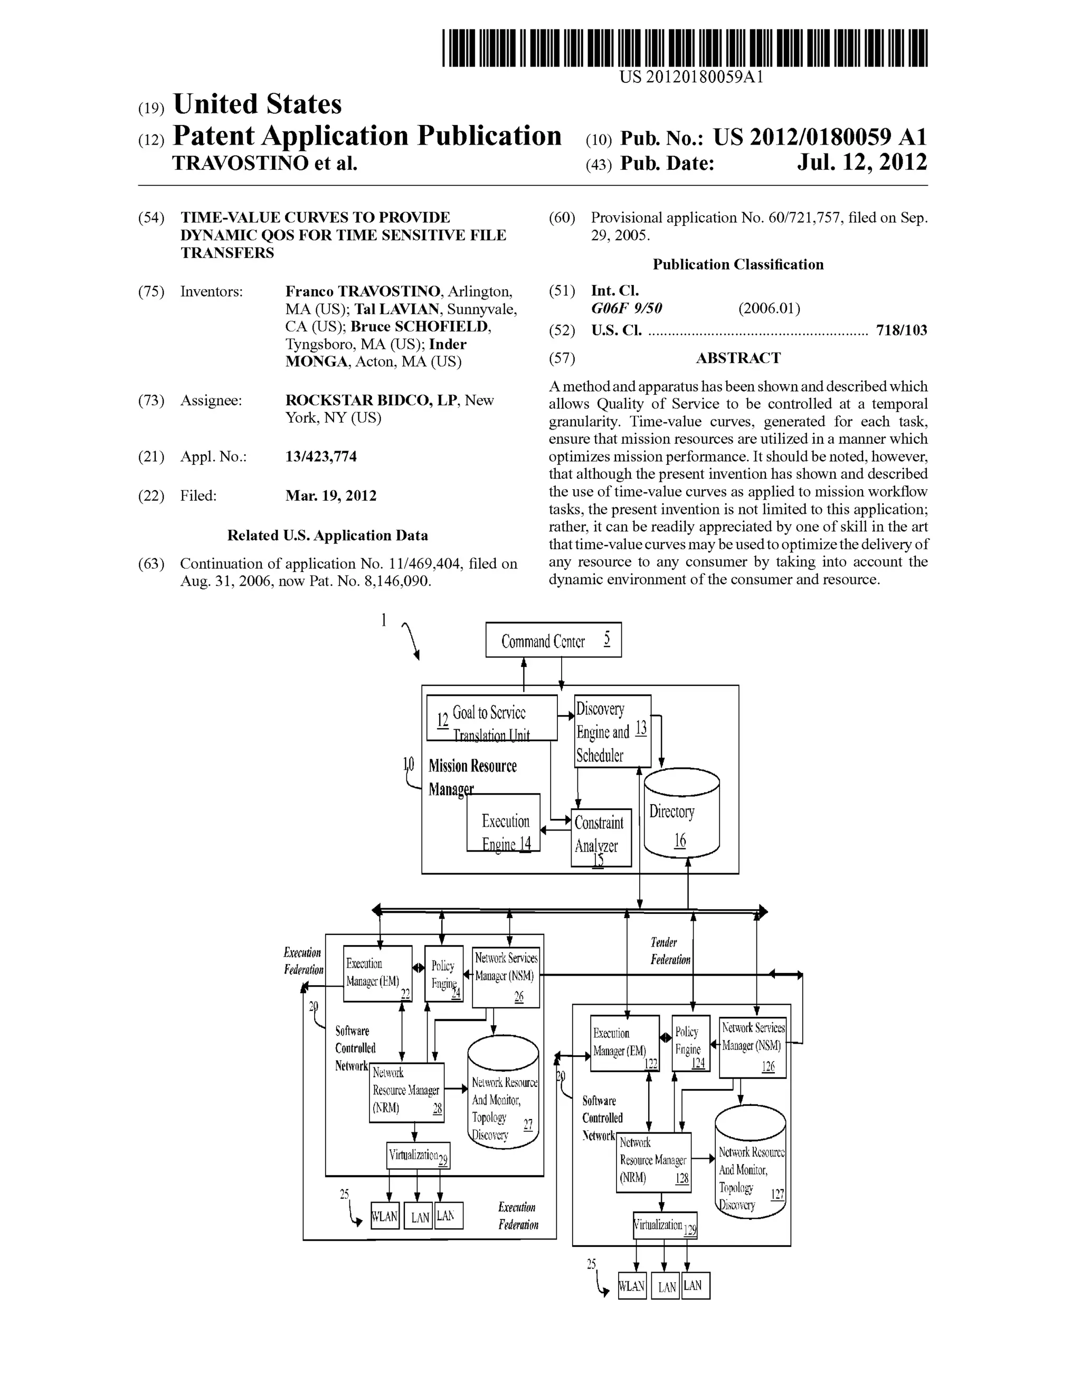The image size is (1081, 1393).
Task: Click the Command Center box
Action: point(553,640)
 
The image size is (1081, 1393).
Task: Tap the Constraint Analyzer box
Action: point(601,837)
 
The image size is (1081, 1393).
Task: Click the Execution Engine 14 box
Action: point(504,823)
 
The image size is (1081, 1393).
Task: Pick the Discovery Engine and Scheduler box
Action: point(612,731)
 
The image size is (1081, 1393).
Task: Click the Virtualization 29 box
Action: point(418,1155)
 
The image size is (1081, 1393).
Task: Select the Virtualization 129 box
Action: point(665,1225)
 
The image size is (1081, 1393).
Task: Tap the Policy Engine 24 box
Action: point(443,974)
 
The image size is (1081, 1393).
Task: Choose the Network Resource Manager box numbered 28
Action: point(406,1092)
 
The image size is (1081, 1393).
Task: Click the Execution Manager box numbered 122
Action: point(624,1043)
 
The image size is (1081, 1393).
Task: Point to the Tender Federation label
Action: point(669,950)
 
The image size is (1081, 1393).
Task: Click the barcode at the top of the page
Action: point(684,48)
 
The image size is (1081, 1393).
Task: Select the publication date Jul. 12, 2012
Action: point(861,163)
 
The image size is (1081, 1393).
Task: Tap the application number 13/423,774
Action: point(321,456)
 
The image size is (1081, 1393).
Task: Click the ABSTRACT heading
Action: point(738,358)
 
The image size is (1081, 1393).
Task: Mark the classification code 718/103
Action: point(901,330)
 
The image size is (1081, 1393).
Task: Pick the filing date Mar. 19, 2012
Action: point(330,495)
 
